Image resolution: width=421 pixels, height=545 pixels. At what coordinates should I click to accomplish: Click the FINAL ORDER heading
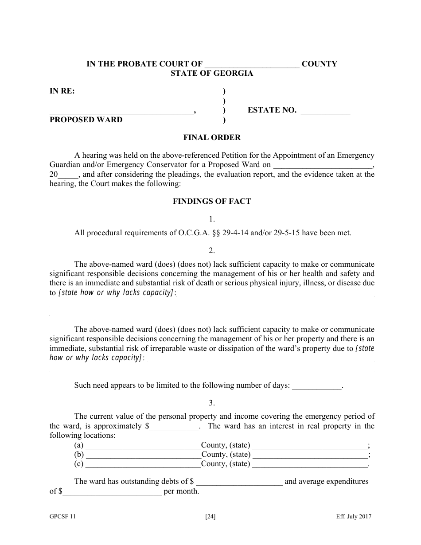tap(212, 137)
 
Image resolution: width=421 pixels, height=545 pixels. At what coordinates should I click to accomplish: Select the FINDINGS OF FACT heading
tap(212, 201)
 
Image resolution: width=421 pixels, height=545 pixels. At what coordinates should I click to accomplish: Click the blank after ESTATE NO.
tap(325, 111)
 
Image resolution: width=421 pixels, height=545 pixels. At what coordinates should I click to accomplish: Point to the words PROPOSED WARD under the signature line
tap(86, 120)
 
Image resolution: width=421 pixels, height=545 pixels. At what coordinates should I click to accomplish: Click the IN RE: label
tap(62, 91)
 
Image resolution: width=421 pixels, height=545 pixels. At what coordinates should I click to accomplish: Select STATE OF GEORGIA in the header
tap(212, 74)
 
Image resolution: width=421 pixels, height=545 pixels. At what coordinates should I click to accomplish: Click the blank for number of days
tap(317, 385)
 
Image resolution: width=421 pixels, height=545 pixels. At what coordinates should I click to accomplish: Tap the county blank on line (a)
tap(143, 445)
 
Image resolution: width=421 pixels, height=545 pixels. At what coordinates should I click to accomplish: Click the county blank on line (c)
tap(143, 464)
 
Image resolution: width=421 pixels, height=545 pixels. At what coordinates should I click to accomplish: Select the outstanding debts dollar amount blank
tap(239, 482)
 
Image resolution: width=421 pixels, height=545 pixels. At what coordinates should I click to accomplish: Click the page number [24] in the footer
tap(210, 516)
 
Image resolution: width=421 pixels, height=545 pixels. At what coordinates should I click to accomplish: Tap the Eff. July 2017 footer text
tap(353, 516)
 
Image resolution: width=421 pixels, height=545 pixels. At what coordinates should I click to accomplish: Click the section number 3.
tap(212, 403)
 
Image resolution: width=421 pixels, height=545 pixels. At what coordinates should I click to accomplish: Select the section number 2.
tap(212, 250)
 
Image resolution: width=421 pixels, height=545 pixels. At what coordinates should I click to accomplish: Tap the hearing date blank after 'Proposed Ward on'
tap(322, 165)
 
